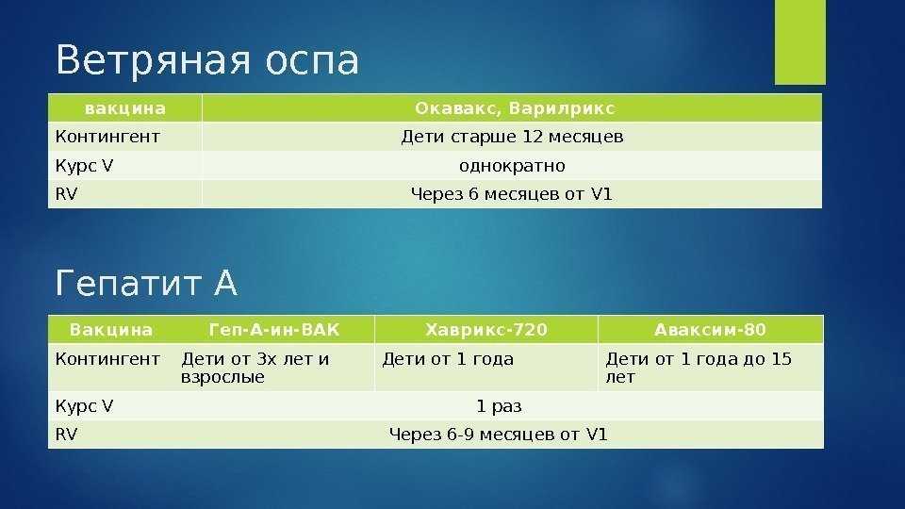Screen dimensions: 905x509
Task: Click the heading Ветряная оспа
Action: (x=207, y=60)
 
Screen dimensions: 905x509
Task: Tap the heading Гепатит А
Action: (x=146, y=283)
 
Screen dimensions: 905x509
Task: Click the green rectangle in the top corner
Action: (x=800, y=42)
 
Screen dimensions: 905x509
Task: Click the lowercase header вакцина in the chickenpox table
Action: (x=125, y=108)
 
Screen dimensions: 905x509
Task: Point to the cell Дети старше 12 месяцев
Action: (x=512, y=137)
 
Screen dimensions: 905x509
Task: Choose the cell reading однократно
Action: (x=512, y=166)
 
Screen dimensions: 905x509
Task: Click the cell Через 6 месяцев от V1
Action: (x=511, y=194)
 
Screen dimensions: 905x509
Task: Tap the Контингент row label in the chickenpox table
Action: (x=107, y=137)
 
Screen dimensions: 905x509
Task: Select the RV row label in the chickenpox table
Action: (x=66, y=194)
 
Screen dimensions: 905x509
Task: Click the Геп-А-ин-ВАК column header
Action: (x=274, y=330)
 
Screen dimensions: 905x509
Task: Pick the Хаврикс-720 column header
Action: (x=486, y=330)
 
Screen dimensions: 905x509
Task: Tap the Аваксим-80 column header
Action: (x=710, y=330)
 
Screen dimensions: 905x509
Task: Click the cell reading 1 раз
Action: (x=499, y=406)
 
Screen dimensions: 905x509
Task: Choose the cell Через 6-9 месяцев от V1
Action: (x=499, y=434)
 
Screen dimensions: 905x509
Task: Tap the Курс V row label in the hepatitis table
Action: (x=84, y=406)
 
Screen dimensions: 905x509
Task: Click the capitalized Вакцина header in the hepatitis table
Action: (x=111, y=330)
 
